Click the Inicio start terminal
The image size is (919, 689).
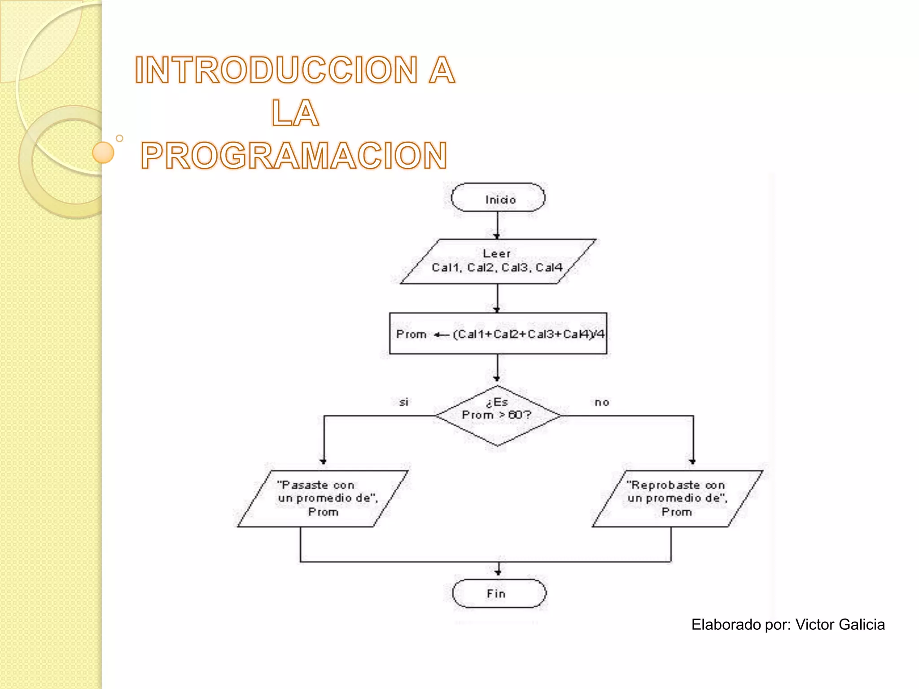[x=498, y=198]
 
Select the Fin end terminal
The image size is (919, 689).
[x=499, y=593]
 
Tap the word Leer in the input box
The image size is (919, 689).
[x=496, y=253]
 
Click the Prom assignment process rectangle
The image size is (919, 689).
[x=498, y=334]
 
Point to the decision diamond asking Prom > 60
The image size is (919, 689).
[x=497, y=415]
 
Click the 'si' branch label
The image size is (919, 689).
[x=404, y=402]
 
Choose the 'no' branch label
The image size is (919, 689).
[x=602, y=402]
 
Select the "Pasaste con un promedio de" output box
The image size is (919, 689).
[x=323, y=498]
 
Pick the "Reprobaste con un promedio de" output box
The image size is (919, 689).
[x=677, y=498]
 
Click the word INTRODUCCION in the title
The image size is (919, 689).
[x=276, y=70]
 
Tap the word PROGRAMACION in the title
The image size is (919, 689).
[x=294, y=156]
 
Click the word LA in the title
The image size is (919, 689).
[x=295, y=113]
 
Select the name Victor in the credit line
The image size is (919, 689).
[x=814, y=624]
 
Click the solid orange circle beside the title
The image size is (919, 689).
[x=103, y=153]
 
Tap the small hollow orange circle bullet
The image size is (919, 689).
[x=119, y=138]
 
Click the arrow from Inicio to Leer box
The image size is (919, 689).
[x=497, y=224]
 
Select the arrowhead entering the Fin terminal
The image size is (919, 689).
[x=498, y=572]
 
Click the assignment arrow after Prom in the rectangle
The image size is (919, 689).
[x=442, y=335]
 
